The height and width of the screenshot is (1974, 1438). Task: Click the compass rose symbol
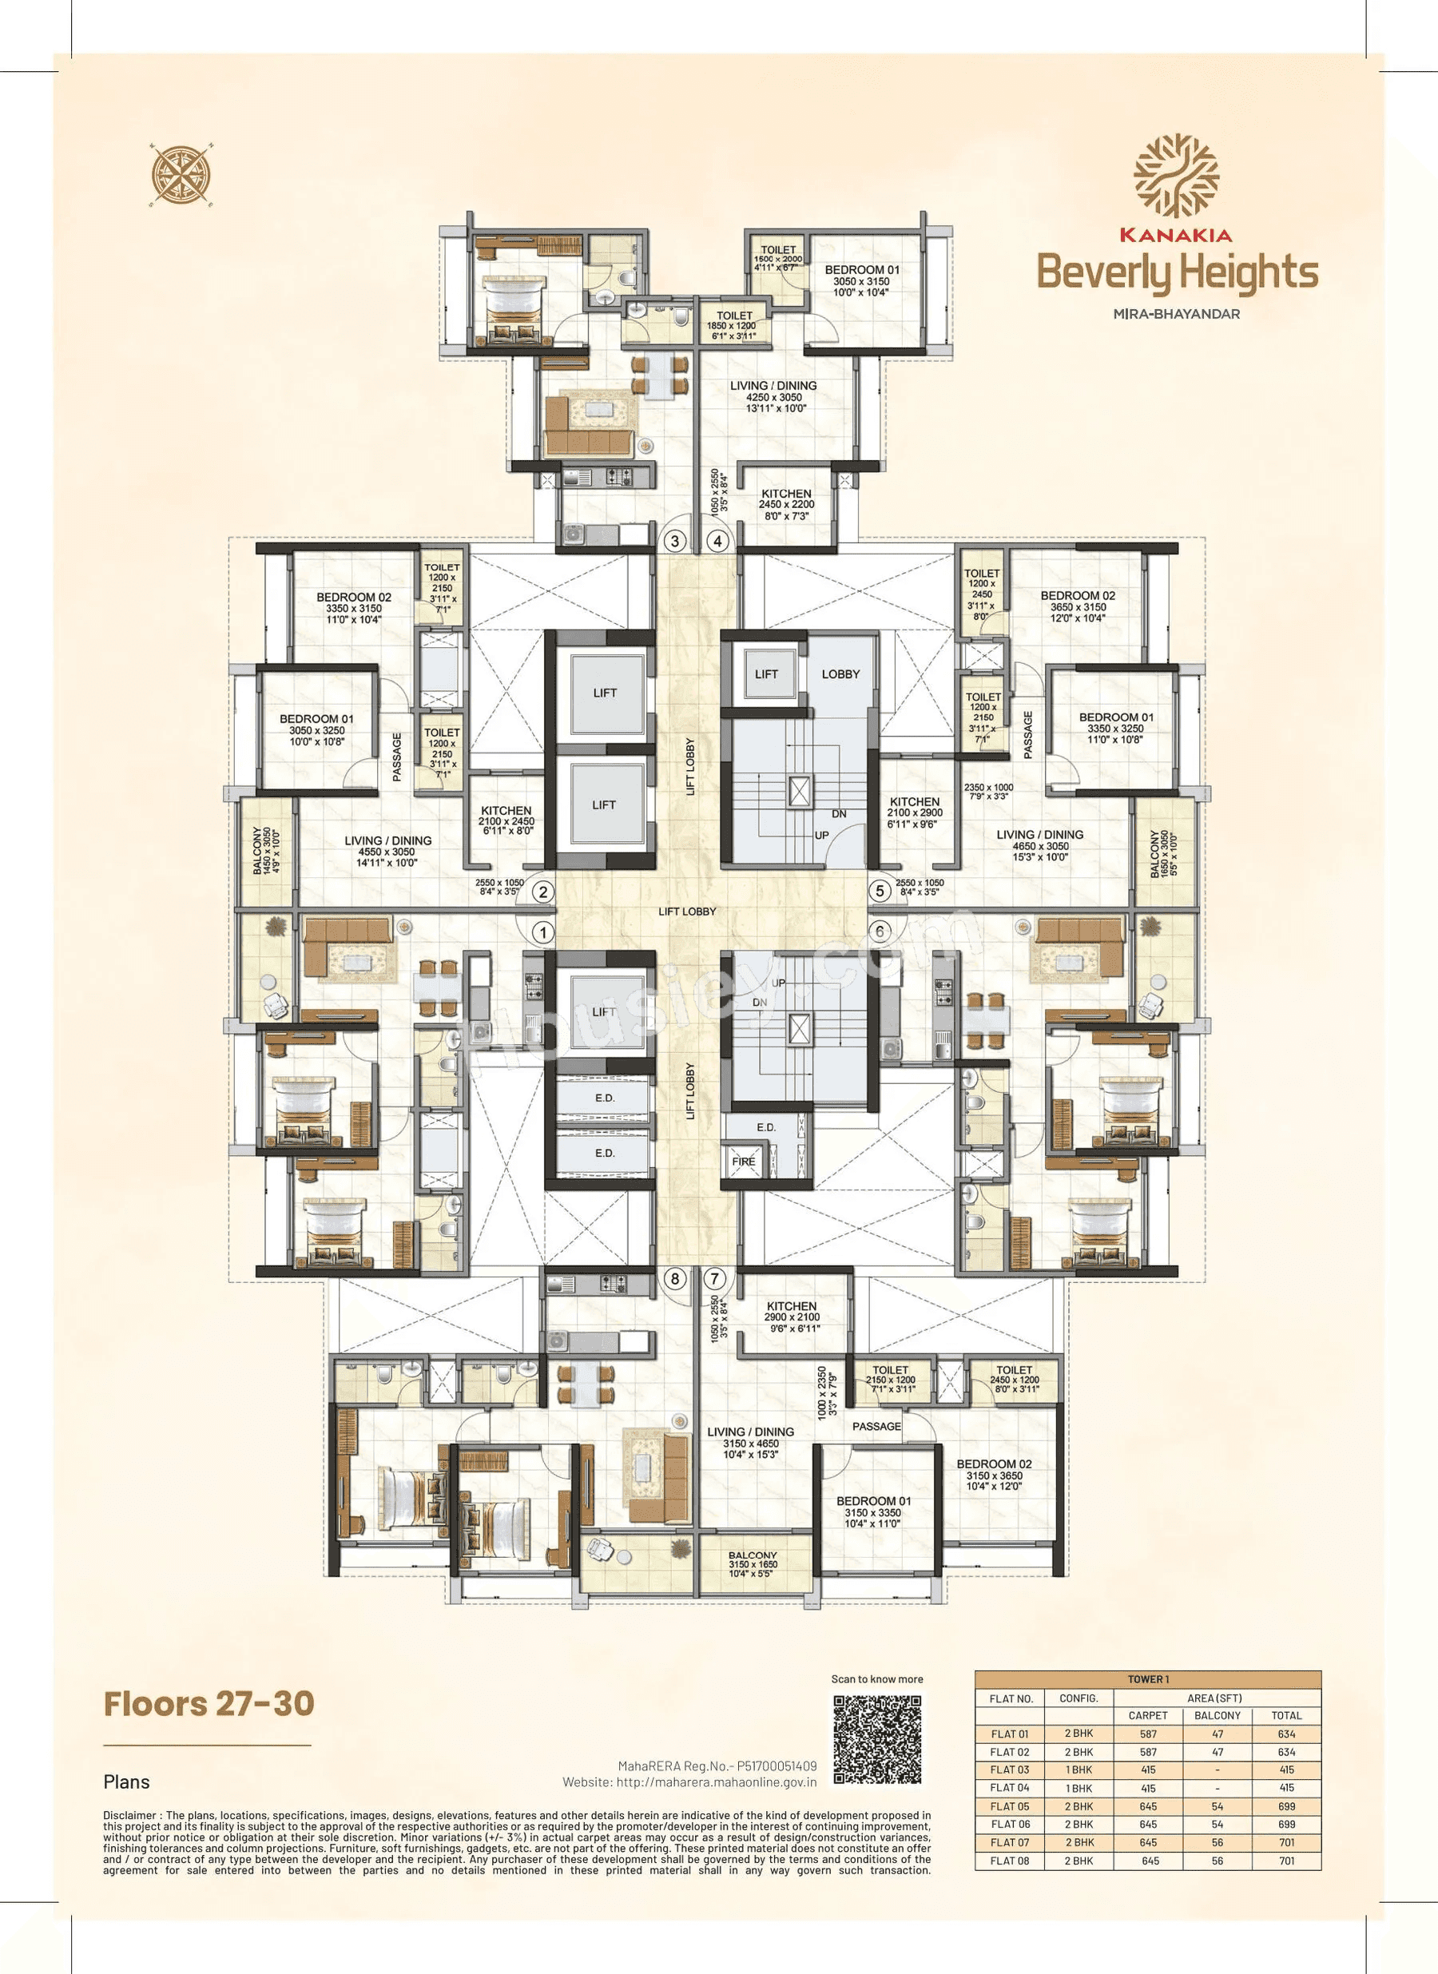tap(182, 175)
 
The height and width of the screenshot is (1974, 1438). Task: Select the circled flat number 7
tap(716, 1278)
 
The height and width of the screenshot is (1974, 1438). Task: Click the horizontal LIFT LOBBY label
tap(687, 912)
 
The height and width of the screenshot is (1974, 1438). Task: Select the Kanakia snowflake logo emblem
tap(1175, 177)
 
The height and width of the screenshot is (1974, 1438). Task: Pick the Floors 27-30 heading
tap(209, 1703)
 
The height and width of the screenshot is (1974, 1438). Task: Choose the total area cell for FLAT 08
tap(1285, 1861)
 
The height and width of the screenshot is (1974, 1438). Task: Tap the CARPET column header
tap(1147, 1715)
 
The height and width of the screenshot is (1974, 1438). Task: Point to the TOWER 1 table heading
tap(1147, 1679)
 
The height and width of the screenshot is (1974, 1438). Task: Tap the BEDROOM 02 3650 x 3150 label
tap(1078, 606)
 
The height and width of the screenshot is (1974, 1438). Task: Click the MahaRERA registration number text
tap(717, 1766)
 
